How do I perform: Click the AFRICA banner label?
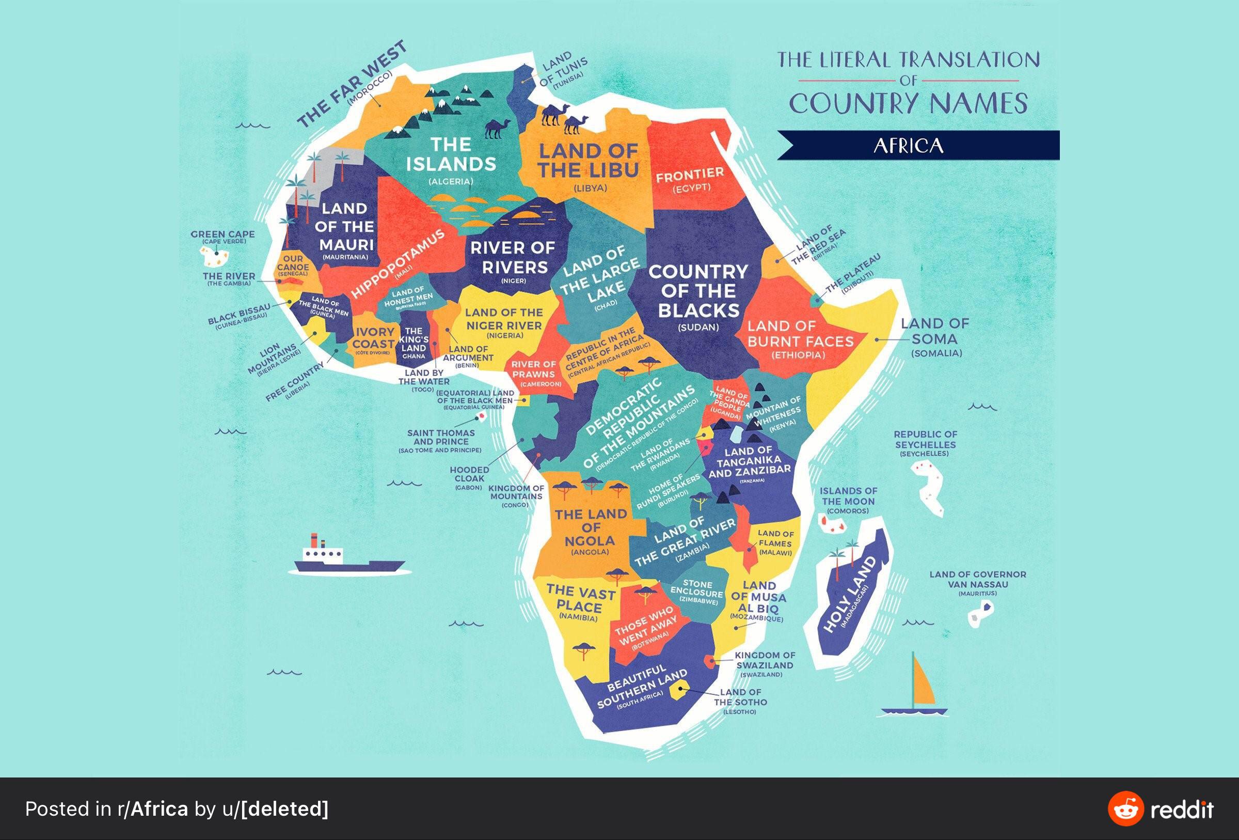[x=909, y=146]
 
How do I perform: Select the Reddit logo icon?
[x=1125, y=808]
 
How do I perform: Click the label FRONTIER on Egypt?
[x=690, y=175]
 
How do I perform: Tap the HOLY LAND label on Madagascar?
[x=850, y=594]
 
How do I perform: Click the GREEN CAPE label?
[x=223, y=234]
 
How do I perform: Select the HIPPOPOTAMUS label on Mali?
[x=398, y=265]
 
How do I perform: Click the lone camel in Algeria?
[x=496, y=129]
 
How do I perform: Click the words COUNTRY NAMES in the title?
[x=909, y=103]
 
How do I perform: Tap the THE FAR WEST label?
[x=352, y=84]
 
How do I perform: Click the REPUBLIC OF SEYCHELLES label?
[x=925, y=440]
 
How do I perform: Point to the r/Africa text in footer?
[x=152, y=809]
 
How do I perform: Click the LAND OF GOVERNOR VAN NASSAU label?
[x=977, y=579]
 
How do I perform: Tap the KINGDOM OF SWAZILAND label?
[x=765, y=660]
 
